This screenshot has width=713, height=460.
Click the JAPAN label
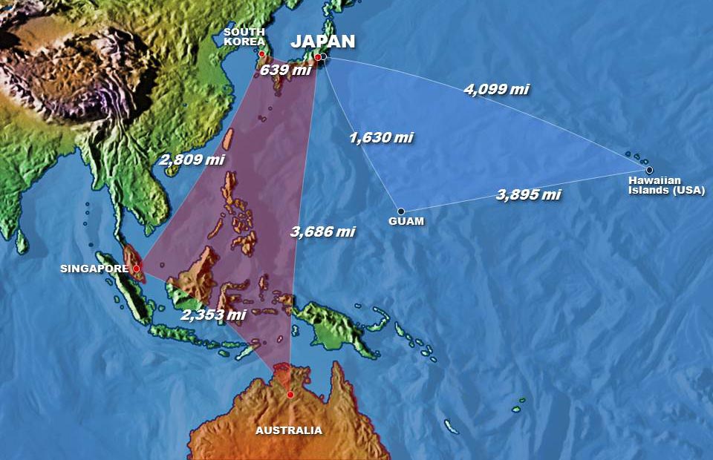point(322,42)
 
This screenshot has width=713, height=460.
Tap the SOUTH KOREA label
point(244,37)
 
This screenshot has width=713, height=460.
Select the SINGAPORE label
point(94,269)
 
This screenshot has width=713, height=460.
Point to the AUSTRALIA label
point(289,430)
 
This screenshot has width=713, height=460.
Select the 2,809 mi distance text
point(192,158)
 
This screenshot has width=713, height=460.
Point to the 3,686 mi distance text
point(322,231)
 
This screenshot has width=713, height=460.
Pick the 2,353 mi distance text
point(213,315)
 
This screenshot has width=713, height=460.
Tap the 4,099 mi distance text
point(496,89)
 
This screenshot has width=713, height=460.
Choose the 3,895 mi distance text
point(528,195)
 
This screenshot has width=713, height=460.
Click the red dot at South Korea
point(261,54)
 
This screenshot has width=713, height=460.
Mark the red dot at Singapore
point(136,269)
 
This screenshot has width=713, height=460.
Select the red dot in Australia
point(290,395)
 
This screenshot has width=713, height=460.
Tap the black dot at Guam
point(400,211)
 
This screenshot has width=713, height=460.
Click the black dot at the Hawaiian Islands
point(649,170)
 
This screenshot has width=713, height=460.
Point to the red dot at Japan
point(317,57)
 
